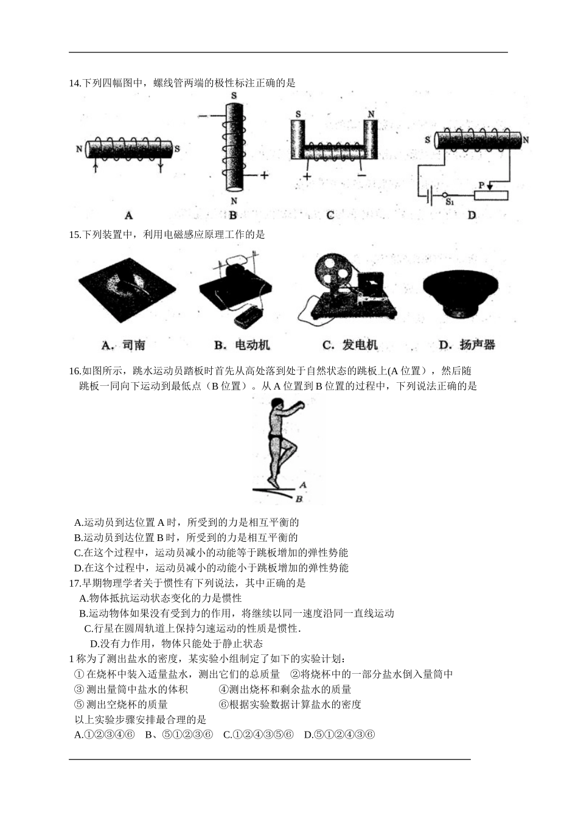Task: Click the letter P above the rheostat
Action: (481, 184)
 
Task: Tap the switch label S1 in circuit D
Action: (450, 201)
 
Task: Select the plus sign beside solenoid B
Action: (263, 175)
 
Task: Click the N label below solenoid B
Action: (234, 201)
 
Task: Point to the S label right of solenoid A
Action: (177, 149)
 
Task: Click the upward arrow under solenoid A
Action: (96, 166)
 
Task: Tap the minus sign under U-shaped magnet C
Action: (361, 175)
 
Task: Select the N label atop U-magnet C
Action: (371, 114)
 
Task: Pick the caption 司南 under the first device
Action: (133, 345)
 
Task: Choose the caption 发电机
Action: (359, 345)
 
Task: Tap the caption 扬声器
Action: (477, 345)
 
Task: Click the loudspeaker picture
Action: (461, 292)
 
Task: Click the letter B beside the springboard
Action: (299, 499)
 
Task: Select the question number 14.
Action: (75, 83)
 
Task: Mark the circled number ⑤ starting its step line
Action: (78, 705)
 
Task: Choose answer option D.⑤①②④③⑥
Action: (339, 735)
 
